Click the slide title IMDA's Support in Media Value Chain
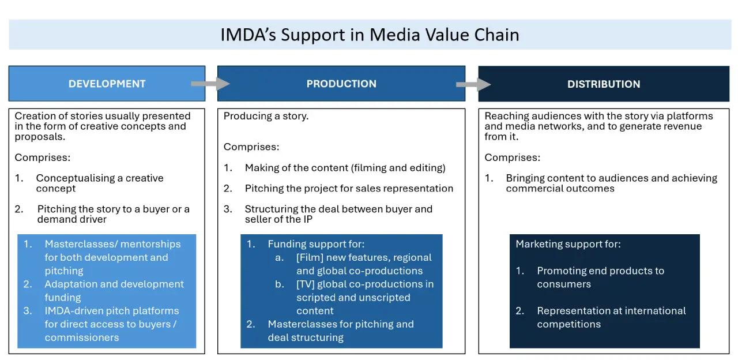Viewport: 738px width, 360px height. [370, 35]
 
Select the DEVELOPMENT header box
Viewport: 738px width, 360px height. [107, 84]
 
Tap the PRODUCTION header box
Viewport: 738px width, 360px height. [341, 84]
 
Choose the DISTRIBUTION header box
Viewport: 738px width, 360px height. [604, 84]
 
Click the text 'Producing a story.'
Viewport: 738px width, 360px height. [266, 116]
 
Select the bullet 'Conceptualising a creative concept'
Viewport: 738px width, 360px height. [99, 183]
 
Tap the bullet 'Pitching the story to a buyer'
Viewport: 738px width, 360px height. [113, 213]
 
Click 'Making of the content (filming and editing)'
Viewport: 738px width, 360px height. [345, 167]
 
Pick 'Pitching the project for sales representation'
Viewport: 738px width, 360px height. [349, 188]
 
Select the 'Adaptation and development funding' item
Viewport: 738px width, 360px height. [114, 290]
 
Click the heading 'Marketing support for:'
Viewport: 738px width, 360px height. [568, 244]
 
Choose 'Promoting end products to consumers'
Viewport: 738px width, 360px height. [600, 277]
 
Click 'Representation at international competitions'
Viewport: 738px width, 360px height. [611, 317]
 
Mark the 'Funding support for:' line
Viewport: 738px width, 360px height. [316, 244]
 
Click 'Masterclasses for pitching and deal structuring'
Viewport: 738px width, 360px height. [340, 331]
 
